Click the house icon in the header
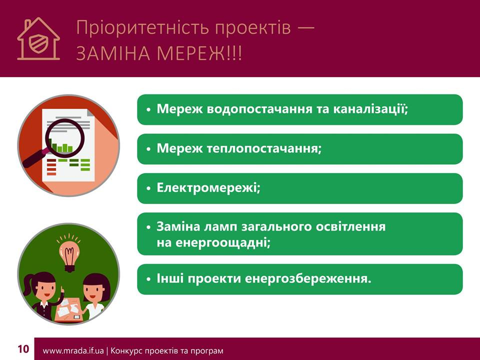click(38, 39)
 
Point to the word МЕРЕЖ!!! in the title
click(199, 53)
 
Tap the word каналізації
click(370, 109)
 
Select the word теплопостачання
click(264, 149)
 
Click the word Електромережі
click(208, 187)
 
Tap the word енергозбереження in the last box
click(308, 279)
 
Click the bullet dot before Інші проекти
click(149, 279)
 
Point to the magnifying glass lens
click(65, 136)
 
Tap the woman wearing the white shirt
click(95, 297)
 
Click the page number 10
click(23, 349)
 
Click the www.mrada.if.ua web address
click(73, 351)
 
